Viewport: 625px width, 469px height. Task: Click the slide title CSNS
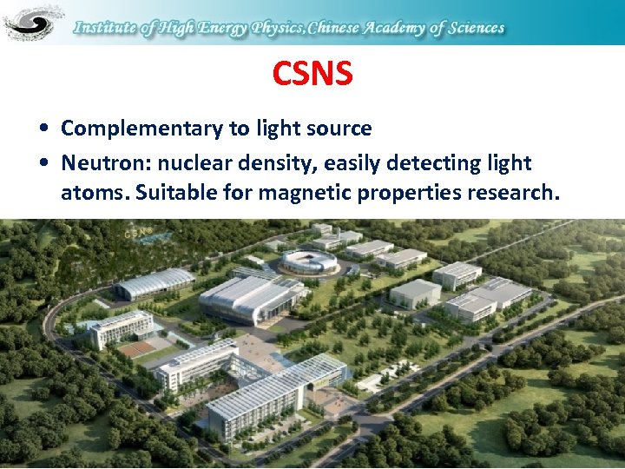pyautogui.click(x=312, y=74)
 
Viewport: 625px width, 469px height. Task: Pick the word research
pyautogui.click(x=514, y=191)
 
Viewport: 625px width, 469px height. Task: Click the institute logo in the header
pyautogui.click(x=33, y=22)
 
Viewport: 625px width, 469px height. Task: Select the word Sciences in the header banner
pyautogui.click(x=470, y=28)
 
